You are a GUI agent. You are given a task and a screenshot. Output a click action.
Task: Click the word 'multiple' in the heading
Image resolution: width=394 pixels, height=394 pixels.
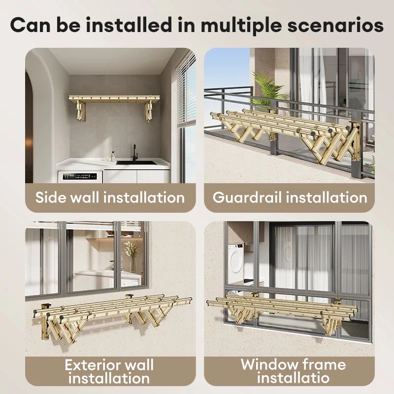pyautogui.click(x=241, y=26)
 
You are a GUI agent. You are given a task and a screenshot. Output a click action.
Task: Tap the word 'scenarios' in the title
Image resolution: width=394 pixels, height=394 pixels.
pyautogui.click(x=335, y=26)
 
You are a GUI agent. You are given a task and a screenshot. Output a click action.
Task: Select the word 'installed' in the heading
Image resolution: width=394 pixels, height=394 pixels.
pyautogui.click(x=129, y=25)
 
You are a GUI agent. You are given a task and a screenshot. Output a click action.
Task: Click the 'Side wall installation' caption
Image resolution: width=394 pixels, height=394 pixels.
pyautogui.click(x=110, y=197)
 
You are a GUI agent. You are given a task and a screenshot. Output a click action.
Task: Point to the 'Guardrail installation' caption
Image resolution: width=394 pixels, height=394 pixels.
pyautogui.click(x=290, y=197)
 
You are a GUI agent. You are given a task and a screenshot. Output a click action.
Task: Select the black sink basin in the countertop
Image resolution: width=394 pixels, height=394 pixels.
pyautogui.click(x=136, y=163)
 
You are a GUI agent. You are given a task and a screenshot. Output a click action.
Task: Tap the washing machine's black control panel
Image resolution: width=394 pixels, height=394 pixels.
pyautogui.click(x=80, y=176)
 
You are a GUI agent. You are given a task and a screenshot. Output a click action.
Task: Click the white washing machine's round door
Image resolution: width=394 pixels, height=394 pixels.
pyautogui.click(x=235, y=261)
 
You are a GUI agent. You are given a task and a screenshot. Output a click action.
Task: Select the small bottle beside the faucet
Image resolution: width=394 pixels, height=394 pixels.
pyautogui.click(x=113, y=156)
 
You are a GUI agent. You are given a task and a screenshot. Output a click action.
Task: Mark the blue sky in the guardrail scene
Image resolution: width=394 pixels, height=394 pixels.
pyautogui.click(x=226, y=68)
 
